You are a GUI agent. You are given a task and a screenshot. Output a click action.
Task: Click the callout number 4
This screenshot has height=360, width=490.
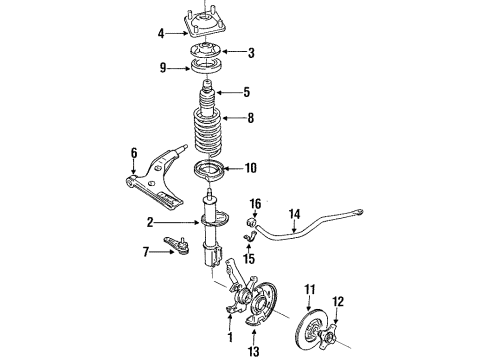click(161, 34)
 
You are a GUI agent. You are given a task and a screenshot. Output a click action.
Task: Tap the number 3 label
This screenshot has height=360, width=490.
click(251, 53)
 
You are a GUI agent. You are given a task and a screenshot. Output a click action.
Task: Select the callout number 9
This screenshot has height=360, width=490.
click(163, 68)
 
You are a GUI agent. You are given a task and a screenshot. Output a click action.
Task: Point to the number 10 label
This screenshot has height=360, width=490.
click(251, 168)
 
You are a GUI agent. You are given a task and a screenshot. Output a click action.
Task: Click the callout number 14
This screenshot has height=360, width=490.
click(295, 214)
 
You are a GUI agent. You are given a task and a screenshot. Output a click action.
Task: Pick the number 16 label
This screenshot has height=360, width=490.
click(255, 204)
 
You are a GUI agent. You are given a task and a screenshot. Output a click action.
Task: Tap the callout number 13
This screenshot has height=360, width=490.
click(254, 351)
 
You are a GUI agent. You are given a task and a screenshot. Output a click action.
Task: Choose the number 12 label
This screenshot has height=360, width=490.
click(338, 302)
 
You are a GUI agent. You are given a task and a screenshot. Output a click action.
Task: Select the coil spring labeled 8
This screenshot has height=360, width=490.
click(207, 133)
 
